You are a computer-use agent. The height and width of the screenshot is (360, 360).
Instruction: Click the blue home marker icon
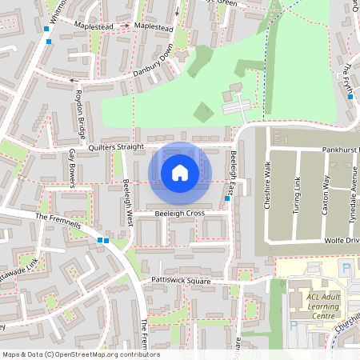pyautogui.click(x=180, y=173)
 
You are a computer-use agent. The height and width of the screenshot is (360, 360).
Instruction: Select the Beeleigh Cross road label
pyautogui.click(x=180, y=214)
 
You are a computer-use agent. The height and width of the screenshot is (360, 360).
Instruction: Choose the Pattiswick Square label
pyautogui.click(x=180, y=281)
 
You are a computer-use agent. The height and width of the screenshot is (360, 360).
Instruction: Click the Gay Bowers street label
pyautogui.click(x=72, y=167)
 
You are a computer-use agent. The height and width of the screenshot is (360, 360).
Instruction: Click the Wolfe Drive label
pyautogui.click(x=344, y=240)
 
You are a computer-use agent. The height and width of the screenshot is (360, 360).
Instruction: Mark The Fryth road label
pyautogui.click(x=347, y=79)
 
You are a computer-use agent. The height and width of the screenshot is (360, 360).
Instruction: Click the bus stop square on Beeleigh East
pyautogui.click(x=228, y=198)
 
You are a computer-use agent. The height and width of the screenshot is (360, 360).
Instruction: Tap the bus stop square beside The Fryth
pyautogui.click(x=350, y=100)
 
